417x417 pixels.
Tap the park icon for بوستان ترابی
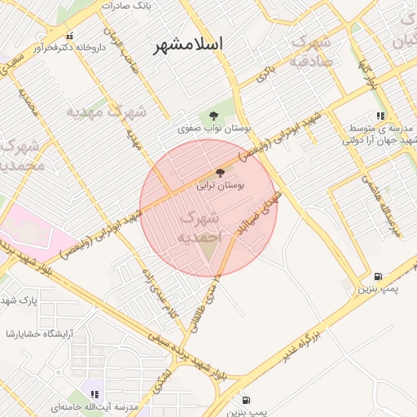[x=219, y=171]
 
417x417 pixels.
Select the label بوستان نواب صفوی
[x=215, y=129]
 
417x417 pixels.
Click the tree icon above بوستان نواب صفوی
[x=213, y=115]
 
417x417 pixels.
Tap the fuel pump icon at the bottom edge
[x=247, y=400]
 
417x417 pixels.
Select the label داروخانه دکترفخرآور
[x=69, y=47]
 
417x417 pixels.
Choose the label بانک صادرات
[x=126, y=6]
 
